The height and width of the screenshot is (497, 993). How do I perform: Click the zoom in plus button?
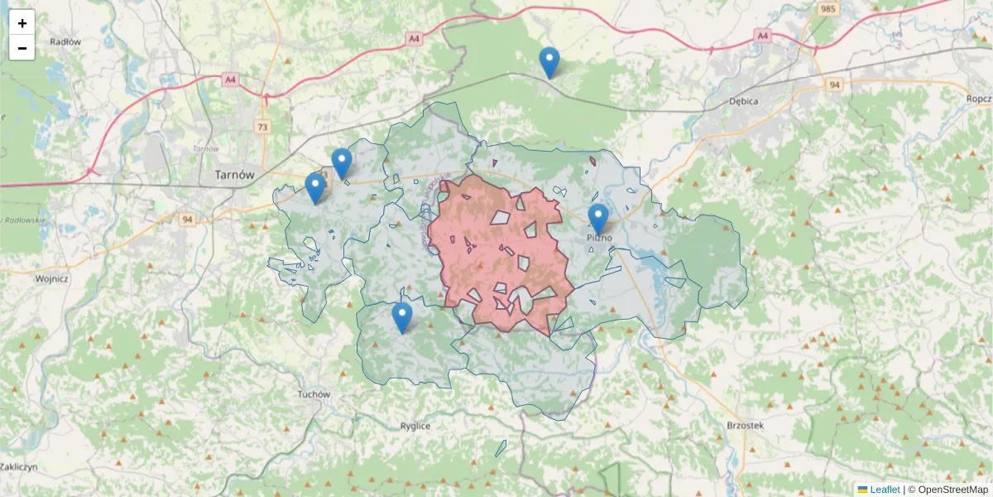(x=22, y=23)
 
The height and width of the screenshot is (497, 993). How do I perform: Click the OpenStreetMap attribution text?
(x=947, y=490)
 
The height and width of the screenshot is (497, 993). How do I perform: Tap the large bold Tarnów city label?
(x=233, y=175)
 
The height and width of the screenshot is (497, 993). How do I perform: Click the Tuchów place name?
(x=314, y=395)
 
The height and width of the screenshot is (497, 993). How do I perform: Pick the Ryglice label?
(x=415, y=426)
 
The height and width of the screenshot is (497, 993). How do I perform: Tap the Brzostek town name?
(x=745, y=424)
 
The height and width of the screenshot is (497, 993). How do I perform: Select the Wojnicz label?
(x=51, y=279)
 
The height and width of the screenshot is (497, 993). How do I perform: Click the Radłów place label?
(x=65, y=41)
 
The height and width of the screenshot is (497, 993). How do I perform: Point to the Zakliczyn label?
(x=18, y=467)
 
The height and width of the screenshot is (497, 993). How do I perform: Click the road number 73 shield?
(x=263, y=127)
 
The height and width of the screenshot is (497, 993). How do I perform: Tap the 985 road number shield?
(x=827, y=9)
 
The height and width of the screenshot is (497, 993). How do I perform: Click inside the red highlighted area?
(x=496, y=248)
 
